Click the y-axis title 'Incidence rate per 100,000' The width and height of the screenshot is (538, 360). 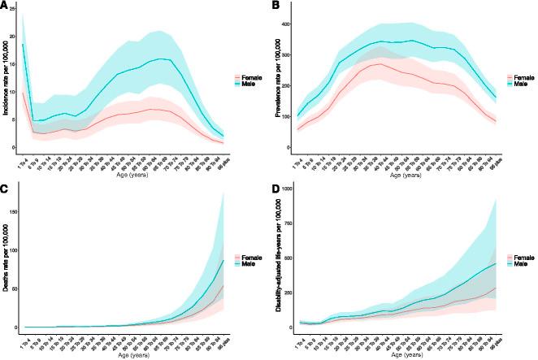click(7, 81)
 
